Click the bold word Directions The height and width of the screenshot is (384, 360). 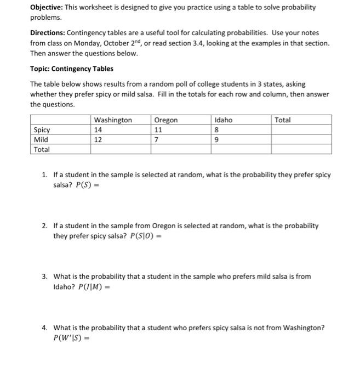tap(48, 33)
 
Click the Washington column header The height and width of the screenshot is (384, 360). tap(113, 120)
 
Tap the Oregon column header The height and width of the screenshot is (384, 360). tap(166, 120)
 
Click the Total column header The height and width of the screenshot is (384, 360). tap(283, 120)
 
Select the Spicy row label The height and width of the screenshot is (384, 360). tap(42, 130)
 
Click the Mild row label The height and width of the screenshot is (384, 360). tap(41, 139)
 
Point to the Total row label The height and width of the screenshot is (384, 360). tap(42, 149)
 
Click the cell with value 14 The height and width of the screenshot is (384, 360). tap(99, 130)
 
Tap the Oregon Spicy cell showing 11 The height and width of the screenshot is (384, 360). tap(159, 130)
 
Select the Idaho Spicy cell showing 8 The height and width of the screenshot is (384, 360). tap(217, 130)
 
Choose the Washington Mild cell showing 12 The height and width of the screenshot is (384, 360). tap(99, 139)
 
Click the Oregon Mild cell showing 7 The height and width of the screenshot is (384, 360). tap(157, 139)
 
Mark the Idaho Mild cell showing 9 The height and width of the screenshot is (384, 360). tap(217, 139)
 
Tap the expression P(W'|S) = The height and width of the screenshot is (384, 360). tap(71, 338)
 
